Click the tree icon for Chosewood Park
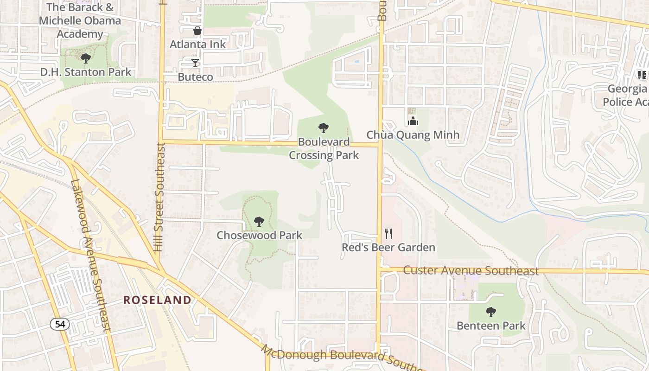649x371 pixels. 259,222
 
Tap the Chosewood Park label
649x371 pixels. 259,235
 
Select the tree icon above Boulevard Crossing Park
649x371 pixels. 324,128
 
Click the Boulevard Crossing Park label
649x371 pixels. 324,148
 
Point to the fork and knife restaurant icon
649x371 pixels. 388,234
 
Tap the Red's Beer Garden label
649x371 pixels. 388,247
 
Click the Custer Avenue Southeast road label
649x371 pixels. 471,270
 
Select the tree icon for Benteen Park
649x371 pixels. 491,312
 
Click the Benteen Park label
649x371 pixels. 491,326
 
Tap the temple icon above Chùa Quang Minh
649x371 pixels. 413,122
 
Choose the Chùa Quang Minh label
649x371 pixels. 413,135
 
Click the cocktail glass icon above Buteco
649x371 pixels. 195,63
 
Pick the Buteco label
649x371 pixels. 195,77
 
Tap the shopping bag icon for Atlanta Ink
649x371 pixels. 197,31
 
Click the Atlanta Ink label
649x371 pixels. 197,45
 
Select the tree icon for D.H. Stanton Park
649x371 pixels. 85,58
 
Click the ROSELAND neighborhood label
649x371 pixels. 157,300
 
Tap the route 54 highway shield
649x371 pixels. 60,324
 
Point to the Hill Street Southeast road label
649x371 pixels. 159,197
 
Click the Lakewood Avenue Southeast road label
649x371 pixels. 91,255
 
